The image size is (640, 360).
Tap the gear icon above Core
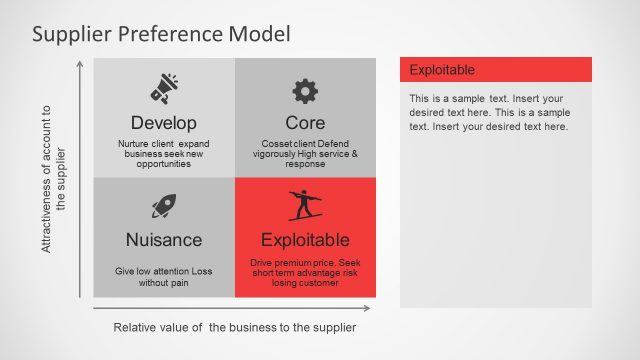pyautogui.click(x=305, y=91)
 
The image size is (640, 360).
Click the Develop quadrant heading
pyautogui.click(x=163, y=123)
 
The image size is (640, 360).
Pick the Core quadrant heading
pyautogui.click(x=305, y=123)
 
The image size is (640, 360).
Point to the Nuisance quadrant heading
pyautogui.click(x=164, y=240)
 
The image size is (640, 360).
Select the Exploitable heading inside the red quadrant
pyautogui.click(x=305, y=240)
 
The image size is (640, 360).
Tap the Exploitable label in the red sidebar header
pyautogui.click(x=442, y=70)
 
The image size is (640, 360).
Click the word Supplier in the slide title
pyautogui.click(x=72, y=34)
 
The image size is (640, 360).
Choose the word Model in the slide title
pyautogui.click(x=259, y=34)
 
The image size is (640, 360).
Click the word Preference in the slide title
pyautogui.click(x=170, y=34)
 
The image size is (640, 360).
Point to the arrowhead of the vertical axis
pyautogui.click(x=80, y=64)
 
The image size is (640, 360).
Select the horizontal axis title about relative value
pyautogui.click(x=235, y=327)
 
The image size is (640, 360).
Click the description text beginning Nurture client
pyautogui.click(x=163, y=153)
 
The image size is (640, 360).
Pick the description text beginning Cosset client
pyautogui.click(x=305, y=153)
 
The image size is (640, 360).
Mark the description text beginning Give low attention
pyautogui.click(x=164, y=277)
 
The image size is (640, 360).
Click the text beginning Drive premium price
pyautogui.click(x=305, y=272)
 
